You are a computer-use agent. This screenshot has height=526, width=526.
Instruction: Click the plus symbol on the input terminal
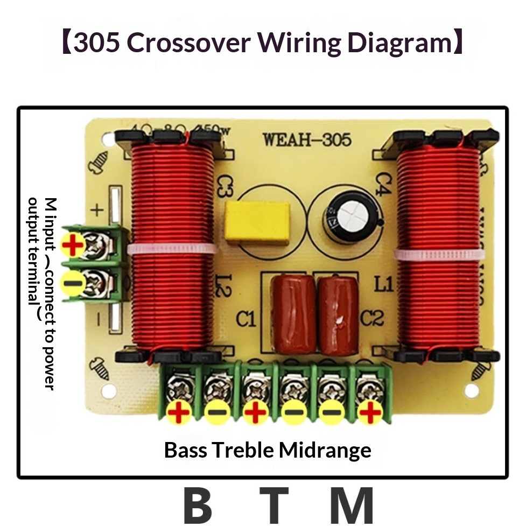[73, 247]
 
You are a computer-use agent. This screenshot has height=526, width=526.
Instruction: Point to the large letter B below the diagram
[198, 506]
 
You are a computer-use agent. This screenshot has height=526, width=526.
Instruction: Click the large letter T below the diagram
[275, 506]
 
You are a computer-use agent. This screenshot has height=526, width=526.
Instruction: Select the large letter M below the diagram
[352, 506]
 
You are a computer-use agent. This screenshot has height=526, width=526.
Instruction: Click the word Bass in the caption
[185, 450]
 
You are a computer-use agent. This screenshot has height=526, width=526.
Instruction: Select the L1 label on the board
[383, 284]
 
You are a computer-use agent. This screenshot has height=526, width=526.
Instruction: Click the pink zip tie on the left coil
[172, 249]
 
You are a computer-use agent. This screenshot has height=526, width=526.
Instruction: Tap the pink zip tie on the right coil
[437, 255]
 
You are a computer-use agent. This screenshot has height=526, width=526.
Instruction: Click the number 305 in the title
[98, 43]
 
